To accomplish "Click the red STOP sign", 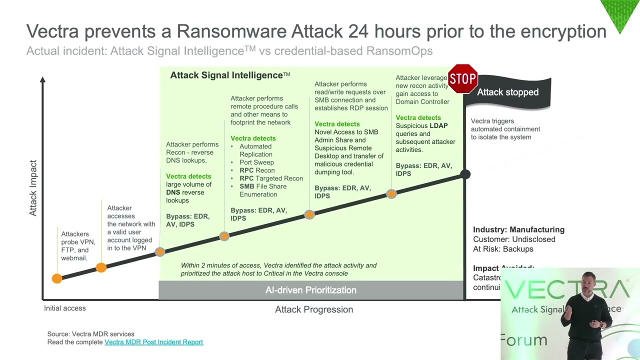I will pos(462,78).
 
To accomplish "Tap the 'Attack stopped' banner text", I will pos(507,92).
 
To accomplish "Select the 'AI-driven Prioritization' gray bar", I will pos(310,290).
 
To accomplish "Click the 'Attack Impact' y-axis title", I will pos(33,188).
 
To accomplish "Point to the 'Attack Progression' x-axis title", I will pos(314,309).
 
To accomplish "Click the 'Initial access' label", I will pos(65,308).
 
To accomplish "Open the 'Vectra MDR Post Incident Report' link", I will pos(153,342).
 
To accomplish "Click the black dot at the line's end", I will pos(465,174).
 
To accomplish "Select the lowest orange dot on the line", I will pos(57,278).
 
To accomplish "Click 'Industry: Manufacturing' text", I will pos(518,229).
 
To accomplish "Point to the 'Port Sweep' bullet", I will pos(256,162).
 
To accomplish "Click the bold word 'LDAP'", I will pos(438,125).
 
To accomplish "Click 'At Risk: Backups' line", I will pos(503,249).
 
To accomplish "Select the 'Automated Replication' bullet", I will pos(255,150).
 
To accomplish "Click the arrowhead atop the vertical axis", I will pos(43,79).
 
